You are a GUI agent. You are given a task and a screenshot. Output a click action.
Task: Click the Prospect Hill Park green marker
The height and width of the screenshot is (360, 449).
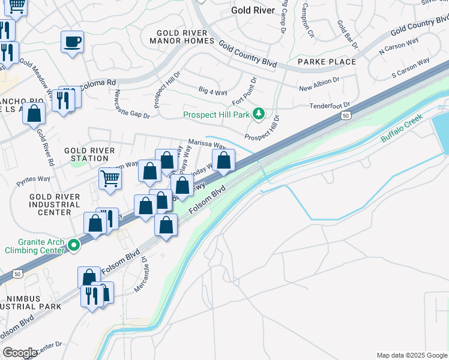(259, 113)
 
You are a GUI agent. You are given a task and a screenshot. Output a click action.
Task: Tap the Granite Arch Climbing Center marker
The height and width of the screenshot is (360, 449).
(73, 245)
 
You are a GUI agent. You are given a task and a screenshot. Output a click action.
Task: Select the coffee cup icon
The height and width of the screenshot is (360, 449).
(72, 42)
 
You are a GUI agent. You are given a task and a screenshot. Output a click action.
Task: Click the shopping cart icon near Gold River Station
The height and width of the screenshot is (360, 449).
(110, 178)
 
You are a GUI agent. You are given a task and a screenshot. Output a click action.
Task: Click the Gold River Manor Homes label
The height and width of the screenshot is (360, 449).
(185, 37)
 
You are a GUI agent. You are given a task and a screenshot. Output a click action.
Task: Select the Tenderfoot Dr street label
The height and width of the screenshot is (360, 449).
(330, 106)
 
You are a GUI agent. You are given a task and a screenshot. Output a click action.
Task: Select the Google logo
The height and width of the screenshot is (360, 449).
(20, 352)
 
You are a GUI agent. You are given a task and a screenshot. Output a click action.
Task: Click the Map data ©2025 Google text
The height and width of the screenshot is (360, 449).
(412, 355)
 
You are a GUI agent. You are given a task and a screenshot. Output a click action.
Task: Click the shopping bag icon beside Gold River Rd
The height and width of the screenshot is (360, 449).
(34, 113)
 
